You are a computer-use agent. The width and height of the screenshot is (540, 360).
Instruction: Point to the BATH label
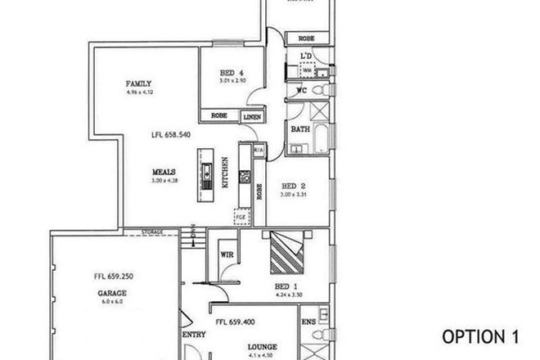pos(299,129)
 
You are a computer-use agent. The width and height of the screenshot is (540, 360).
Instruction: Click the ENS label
pos(310,322)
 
